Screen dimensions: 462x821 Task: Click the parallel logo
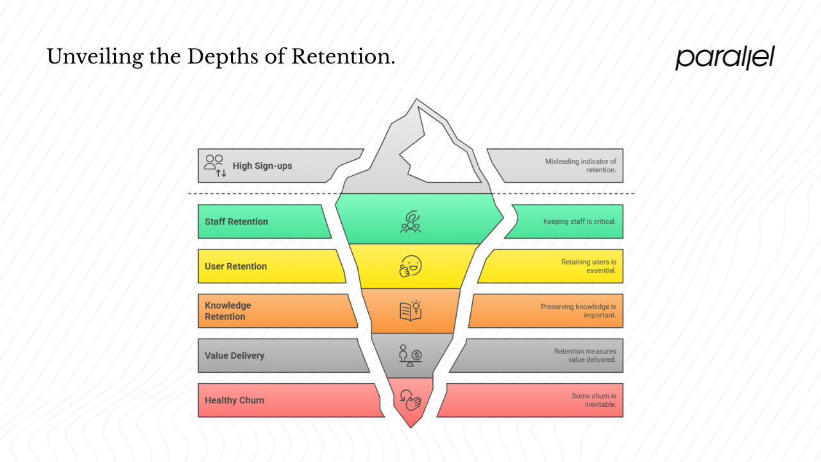pos(725,57)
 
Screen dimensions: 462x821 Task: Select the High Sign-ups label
pos(262,166)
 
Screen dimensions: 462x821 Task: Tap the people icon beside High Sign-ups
pos(214,165)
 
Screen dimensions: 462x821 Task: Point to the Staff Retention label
pos(236,222)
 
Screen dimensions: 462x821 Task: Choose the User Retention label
pos(235,266)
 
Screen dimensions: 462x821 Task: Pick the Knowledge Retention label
pos(228,311)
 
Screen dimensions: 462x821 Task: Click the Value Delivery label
pos(234,355)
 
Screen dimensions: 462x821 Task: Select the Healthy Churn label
pos(234,400)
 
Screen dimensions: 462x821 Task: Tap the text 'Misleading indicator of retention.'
pos(580,166)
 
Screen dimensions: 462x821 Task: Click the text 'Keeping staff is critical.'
pos(580,222)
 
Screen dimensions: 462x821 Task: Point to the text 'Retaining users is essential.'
pos(588,266)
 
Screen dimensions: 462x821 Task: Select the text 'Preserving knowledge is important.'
pos(578,311)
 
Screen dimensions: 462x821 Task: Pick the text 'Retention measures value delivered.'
pos(584,355)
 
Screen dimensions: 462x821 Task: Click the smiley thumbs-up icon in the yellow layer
pos(410,266)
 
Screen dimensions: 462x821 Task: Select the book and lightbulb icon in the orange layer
pos(410,311)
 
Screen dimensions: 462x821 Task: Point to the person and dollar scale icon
pos(410,355)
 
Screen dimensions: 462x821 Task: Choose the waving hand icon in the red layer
pos(410,400)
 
